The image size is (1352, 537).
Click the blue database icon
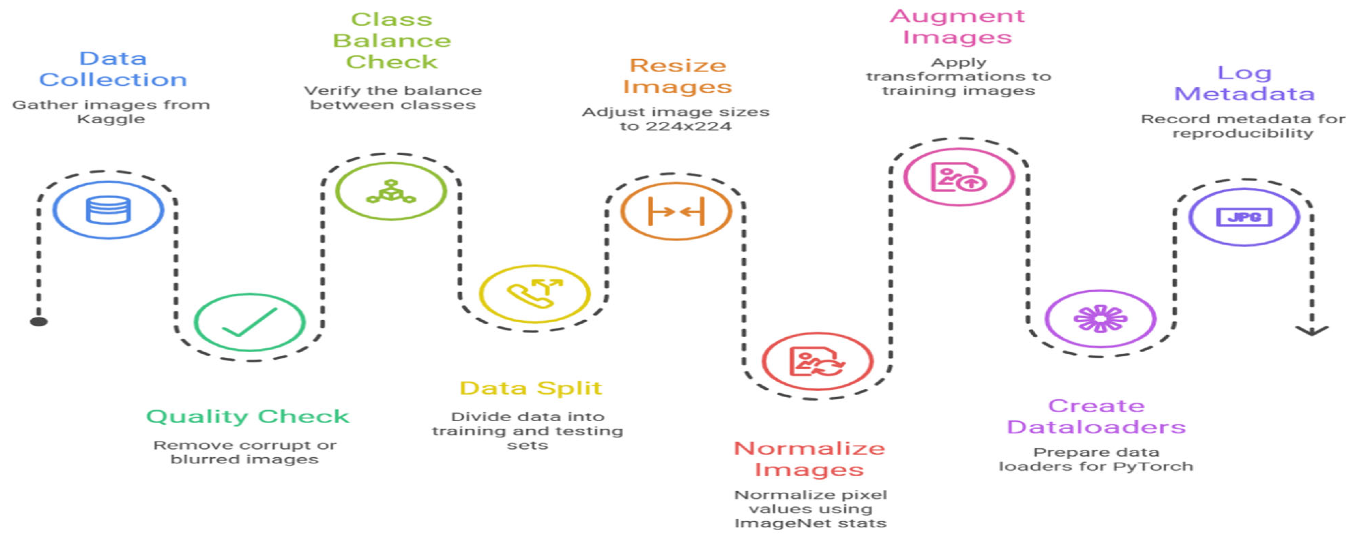108,210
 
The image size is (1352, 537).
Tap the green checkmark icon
249,322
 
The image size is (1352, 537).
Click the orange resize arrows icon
677,211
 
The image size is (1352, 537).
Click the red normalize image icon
817,361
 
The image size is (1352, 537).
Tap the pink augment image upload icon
958,177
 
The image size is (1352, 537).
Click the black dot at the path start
39,321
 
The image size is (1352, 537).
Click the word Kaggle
111,119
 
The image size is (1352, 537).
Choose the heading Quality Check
247,416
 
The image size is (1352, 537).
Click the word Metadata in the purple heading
1244,94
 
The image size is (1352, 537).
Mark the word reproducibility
1243,133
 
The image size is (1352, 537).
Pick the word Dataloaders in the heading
1096,427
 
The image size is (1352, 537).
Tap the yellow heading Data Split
530,388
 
